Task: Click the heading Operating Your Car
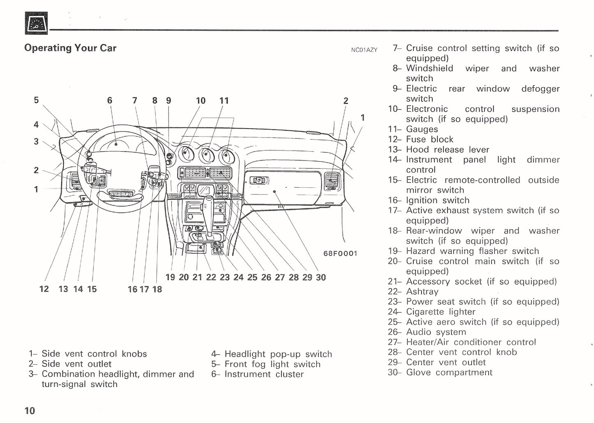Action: click(x=70, y=48)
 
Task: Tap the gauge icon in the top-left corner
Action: click(x=36, y=23)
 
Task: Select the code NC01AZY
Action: click(x=364, y=50)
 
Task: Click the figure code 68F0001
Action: click(x=340, y=253)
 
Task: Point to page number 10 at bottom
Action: click(x=30, y=410)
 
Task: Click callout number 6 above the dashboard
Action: click(x=109, y=101)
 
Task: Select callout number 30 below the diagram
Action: click(x=321, y=278)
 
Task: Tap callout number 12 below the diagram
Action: click(x=44, y=289)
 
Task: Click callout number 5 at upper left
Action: click(x=36, y=100)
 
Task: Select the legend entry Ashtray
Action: click(x=422, y=292)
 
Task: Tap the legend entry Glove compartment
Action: click(x=449, y=372)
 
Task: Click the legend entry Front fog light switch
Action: click(x=272, y=364)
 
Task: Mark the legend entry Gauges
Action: click(x=422, y=129)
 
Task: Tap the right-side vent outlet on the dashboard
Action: click(x=331, y=181)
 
